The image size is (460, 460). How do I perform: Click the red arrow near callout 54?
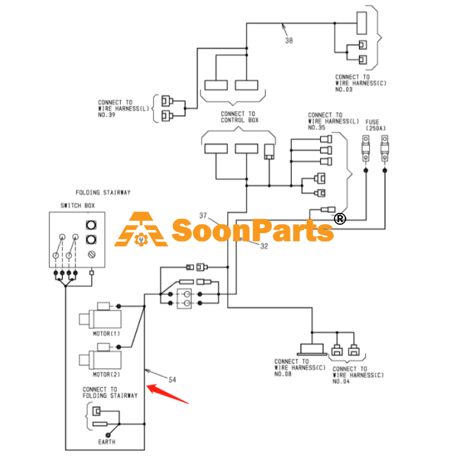click(167, 394)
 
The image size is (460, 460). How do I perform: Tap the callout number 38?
click(289, 41)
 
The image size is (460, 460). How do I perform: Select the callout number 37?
click(203, 216)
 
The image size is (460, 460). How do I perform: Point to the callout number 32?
click(264, 246)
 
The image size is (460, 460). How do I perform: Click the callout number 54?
click(172, 380)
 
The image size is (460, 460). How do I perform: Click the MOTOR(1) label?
click(106, 334)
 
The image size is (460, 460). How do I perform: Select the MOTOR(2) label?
click(106, 375)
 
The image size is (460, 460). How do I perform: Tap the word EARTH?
click(106, 442)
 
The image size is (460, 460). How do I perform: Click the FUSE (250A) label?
click(375, 125)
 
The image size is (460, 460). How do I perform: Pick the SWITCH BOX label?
click(78, 205)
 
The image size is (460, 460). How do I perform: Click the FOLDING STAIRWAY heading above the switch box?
click(103, 193)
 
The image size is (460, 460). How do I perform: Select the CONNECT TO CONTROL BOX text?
click(240, 117)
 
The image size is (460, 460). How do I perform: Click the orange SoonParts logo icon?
click(141, 229)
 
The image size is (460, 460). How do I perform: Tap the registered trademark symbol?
click(340, 219)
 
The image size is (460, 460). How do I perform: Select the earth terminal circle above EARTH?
click(108, 435)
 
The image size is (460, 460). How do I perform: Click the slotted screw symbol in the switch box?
click(92, 254)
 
